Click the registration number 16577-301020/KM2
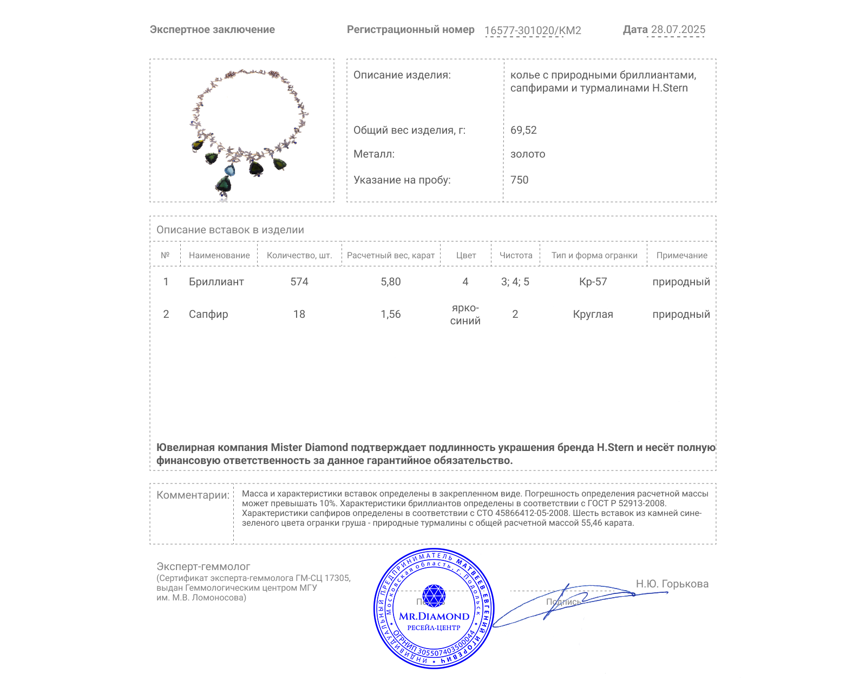533,30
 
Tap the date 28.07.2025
678,29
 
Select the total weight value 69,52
523,130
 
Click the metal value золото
528,154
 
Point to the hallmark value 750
519,180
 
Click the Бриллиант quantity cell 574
299,282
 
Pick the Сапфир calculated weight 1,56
391,314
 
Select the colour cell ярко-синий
465,314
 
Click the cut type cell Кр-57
593,282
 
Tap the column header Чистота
516,255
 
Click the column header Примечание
681,255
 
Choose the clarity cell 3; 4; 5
515,282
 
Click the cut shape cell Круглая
593,314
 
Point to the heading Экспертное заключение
212,29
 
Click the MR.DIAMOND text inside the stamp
434,616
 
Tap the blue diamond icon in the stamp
434,596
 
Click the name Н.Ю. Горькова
672,584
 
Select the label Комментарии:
193,495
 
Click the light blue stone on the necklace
230,171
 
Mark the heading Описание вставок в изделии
230,230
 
